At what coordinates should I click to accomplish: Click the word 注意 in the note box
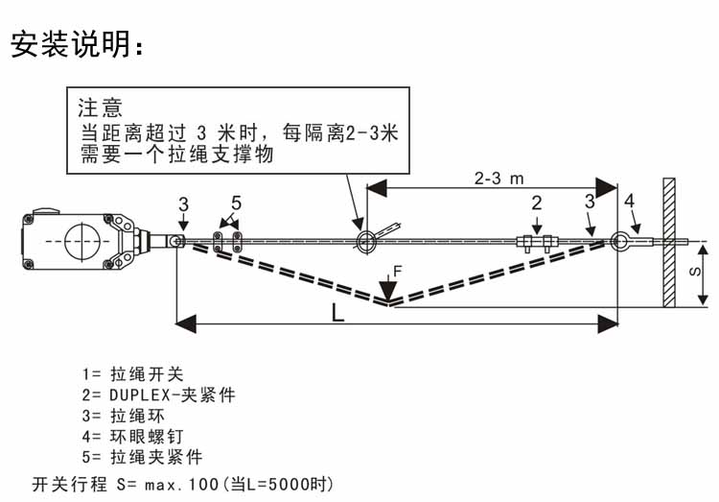(x=101, y=108)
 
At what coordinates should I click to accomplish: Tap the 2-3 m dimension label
(x=499, y=178)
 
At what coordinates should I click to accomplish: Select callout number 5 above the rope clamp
(x=236, y=203)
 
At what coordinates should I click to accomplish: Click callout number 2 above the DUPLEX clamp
(x=536, y=203)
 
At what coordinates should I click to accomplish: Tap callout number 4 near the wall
(x=628, y=201)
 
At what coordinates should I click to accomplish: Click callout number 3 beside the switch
(x=183, y=203)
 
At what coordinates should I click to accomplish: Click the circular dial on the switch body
(x=81, y=239)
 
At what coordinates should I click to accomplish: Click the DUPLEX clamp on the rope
(x=537, y=242)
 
